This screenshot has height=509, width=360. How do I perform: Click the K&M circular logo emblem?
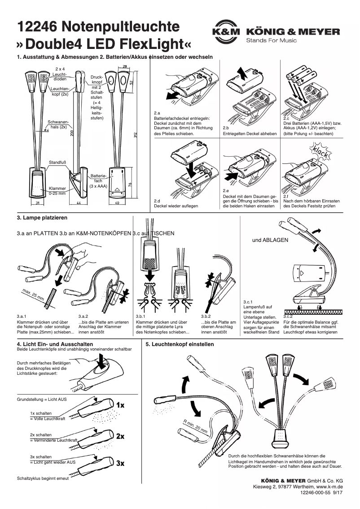point(226,32)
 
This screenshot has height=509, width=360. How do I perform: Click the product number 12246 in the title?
point(36,27)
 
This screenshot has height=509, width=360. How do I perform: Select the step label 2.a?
point(157,113)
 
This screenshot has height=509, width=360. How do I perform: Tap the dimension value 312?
point(135,135)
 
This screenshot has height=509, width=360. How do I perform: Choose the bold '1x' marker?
point(120,405)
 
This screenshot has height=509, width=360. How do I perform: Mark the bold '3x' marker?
point(120,463)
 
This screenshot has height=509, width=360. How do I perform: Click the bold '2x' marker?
point(120,436)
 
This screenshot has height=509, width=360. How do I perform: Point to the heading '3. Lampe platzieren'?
point(42,218)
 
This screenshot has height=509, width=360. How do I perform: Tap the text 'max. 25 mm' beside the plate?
point(33,295)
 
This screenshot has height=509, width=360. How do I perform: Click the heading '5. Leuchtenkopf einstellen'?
point(180,344)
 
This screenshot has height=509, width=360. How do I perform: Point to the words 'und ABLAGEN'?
point(270,240)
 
